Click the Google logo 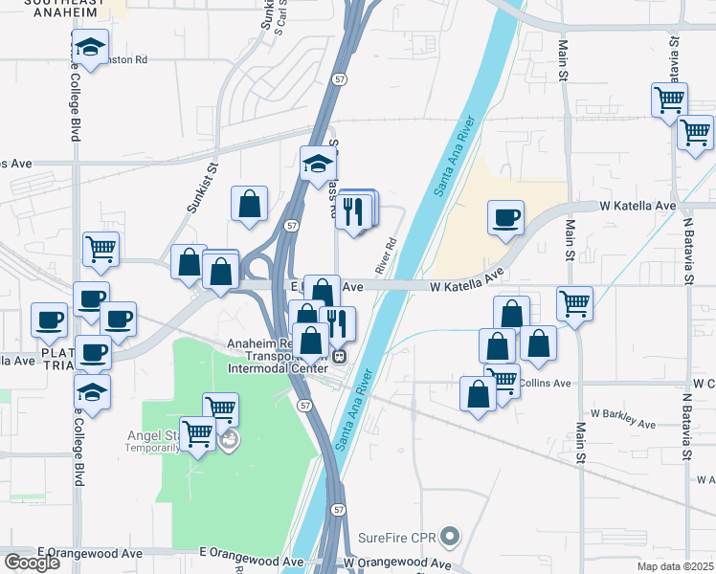32,562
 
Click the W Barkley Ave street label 623,417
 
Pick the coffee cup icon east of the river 505,216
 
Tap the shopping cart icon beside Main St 574,303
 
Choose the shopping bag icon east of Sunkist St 249,203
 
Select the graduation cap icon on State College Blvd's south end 92,391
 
